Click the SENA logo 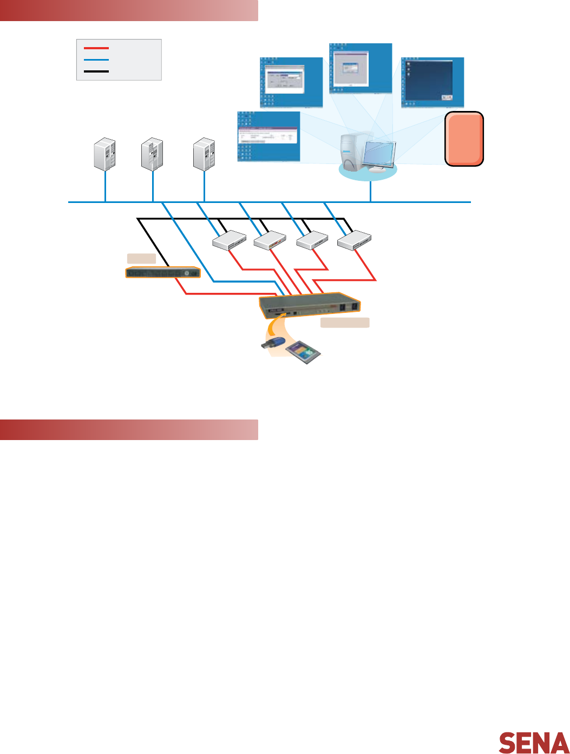(x=533, y=743)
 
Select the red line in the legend (x=96, y=48)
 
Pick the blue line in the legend (x=96, y=60)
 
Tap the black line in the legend (x=96, y=71)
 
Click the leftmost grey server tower (x=104, y=155)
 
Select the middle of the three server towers (x=152, y=155)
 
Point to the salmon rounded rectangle (x=464, y=139)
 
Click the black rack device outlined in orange (x=162, y=273)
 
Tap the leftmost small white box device (x=229, y=240)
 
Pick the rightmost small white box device (x=354, y=240)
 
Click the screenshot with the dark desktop (x=433, y=82)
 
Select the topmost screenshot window (x=360, y=68)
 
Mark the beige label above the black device (x=141, y=258)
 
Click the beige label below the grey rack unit (x=345, y=323)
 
